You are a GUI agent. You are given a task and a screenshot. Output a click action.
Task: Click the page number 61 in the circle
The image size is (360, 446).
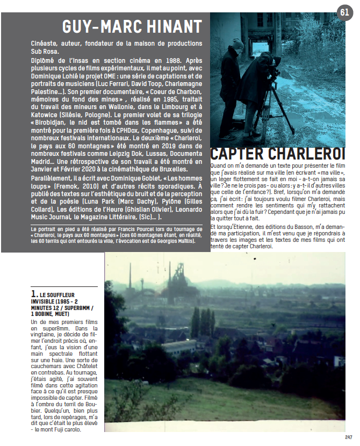[x=344, y=12]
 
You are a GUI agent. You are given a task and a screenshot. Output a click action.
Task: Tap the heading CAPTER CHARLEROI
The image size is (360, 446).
[x=278, y=153]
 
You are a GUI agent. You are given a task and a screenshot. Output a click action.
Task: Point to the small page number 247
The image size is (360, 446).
[x=348, y=437]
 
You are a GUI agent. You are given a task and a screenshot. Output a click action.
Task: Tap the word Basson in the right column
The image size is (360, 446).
[x=306, y=226]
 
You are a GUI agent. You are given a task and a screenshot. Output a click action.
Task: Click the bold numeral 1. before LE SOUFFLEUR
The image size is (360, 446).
[x=34, y=294]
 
